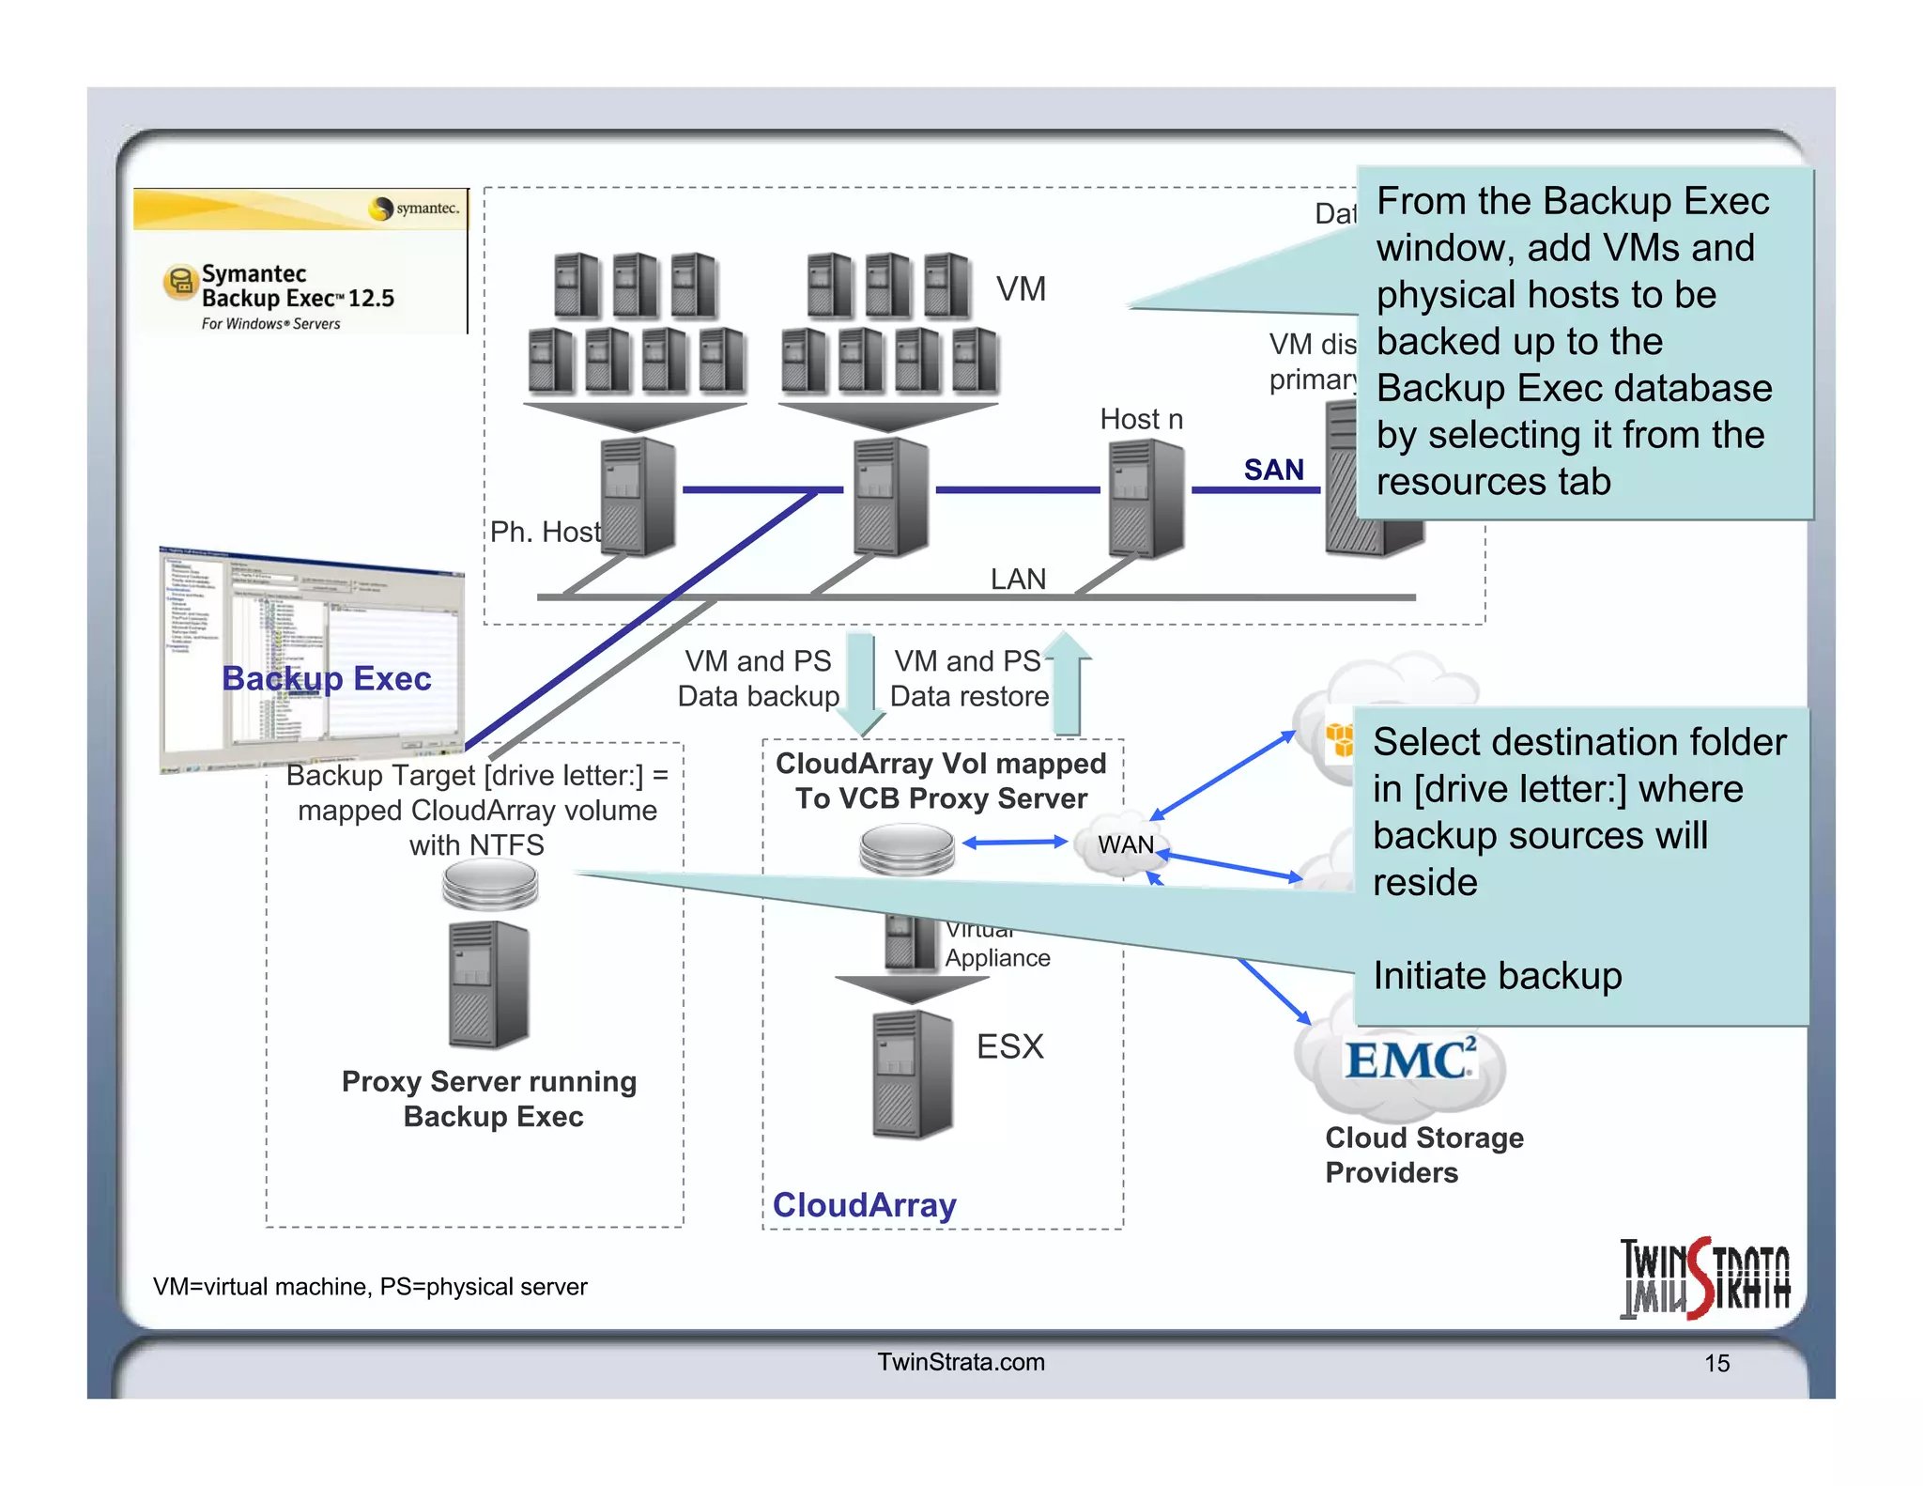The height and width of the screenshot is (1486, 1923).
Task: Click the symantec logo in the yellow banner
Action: coord(416,208)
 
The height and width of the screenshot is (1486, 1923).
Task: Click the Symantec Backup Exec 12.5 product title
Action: coord(297,286)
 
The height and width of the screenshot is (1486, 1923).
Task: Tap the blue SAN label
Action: coord(1273,470)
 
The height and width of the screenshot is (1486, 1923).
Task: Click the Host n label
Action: coord(1141,419)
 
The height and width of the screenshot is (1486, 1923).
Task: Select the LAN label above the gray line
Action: coord(1018,579)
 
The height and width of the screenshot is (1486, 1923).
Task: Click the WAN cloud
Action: coord(1125,844)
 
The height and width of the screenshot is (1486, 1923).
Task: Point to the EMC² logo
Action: coord(1408,1060)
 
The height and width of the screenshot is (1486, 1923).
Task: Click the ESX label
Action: coord(1009,1046)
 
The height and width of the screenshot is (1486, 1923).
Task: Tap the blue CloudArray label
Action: coord(864,1205)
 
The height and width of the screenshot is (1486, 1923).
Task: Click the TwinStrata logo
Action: coord(1705,1278)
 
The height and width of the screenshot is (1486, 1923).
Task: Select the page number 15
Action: coord(1716,1363)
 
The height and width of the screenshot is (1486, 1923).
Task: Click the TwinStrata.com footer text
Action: coord(961,1362)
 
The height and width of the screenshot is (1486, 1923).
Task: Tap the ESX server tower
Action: coord(911,1076)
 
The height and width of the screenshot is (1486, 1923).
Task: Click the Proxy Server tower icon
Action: coord(488,984)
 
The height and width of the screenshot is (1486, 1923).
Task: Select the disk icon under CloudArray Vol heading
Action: coord(906,849)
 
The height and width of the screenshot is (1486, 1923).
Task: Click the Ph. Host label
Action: coord(545,533)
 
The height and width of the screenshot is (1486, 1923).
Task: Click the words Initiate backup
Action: coord(1497,976)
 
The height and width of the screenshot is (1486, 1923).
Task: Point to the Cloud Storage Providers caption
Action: coord(1423,1155)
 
